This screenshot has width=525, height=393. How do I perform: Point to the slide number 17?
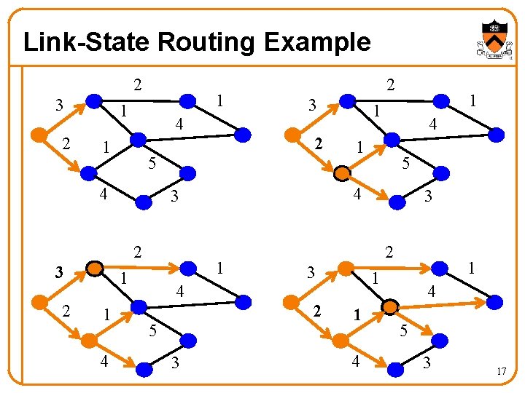(501, 372)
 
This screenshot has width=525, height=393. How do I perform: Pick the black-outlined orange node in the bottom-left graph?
(94, 269)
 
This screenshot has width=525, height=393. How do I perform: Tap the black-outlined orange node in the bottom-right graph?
(390, 305)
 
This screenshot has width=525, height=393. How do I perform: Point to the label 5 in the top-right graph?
(406, 164)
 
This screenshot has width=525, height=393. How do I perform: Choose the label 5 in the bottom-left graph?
(152, 332)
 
